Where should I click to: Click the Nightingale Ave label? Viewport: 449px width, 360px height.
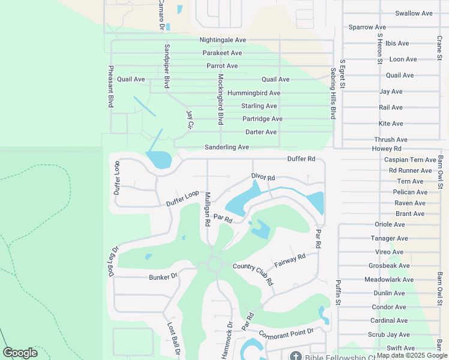coord(223,40)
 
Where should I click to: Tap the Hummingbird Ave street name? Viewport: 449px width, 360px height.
coord(253,93)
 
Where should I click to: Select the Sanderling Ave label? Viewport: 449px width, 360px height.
coord(226,147)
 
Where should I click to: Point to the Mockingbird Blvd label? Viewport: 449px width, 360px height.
coord(220,98)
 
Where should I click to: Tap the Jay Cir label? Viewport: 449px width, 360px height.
coord(190,119)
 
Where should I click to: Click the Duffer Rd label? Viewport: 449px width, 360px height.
coord(301,159)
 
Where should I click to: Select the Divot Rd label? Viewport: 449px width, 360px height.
coord(263,178)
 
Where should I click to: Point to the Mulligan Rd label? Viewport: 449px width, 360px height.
coord(206,209)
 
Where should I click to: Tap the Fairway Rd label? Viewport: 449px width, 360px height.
coord(290,260)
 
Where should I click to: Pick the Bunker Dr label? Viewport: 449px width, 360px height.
coord(163,277)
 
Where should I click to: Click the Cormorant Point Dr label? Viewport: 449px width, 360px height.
coord(286,332)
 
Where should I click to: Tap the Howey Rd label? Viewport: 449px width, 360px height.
coord(387,148)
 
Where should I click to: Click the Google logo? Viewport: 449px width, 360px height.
coord(20,353)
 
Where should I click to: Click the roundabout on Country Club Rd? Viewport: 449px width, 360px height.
coord(213,265)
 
